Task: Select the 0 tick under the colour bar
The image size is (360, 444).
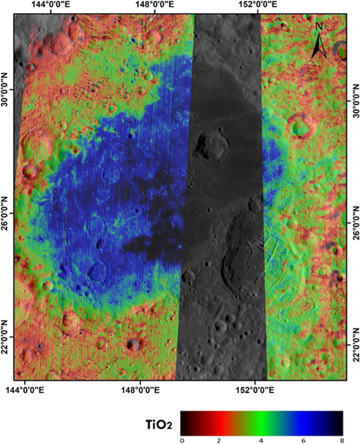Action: [183, 439]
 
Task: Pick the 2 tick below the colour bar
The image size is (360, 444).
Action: [221, 439]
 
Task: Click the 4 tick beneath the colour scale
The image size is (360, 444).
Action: [260, 439]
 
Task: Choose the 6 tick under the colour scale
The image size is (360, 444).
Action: [299, 439]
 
